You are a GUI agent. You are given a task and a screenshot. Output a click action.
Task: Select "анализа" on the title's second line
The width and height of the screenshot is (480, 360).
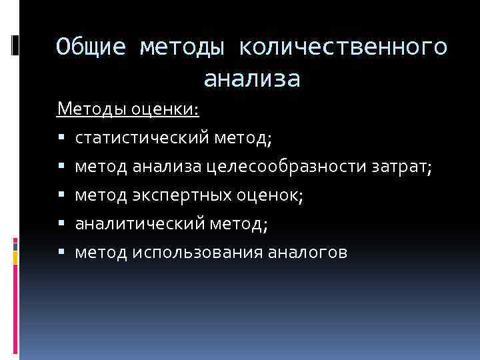pyautogui.click(x=252, y=79)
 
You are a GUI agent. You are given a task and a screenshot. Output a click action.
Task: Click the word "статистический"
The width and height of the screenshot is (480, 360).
pyautogui.click(x=142, y=138)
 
